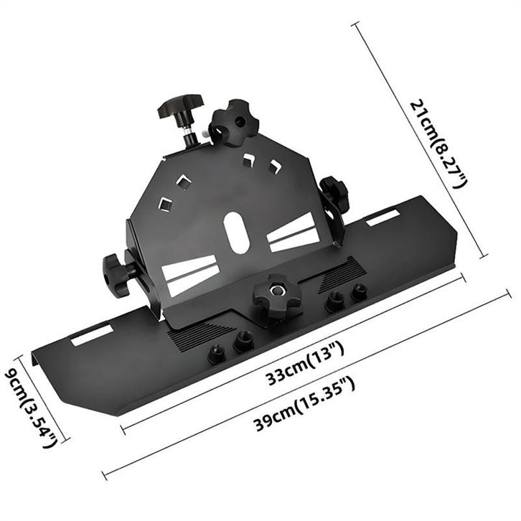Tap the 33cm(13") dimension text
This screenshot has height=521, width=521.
(x=304, y=364)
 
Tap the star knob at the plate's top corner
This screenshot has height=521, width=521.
(x=235, y=122)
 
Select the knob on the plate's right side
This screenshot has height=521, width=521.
(x=333, y=195)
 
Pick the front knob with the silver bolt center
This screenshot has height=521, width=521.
(x=276, y=295)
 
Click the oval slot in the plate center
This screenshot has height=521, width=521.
(x=236, y=231)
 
